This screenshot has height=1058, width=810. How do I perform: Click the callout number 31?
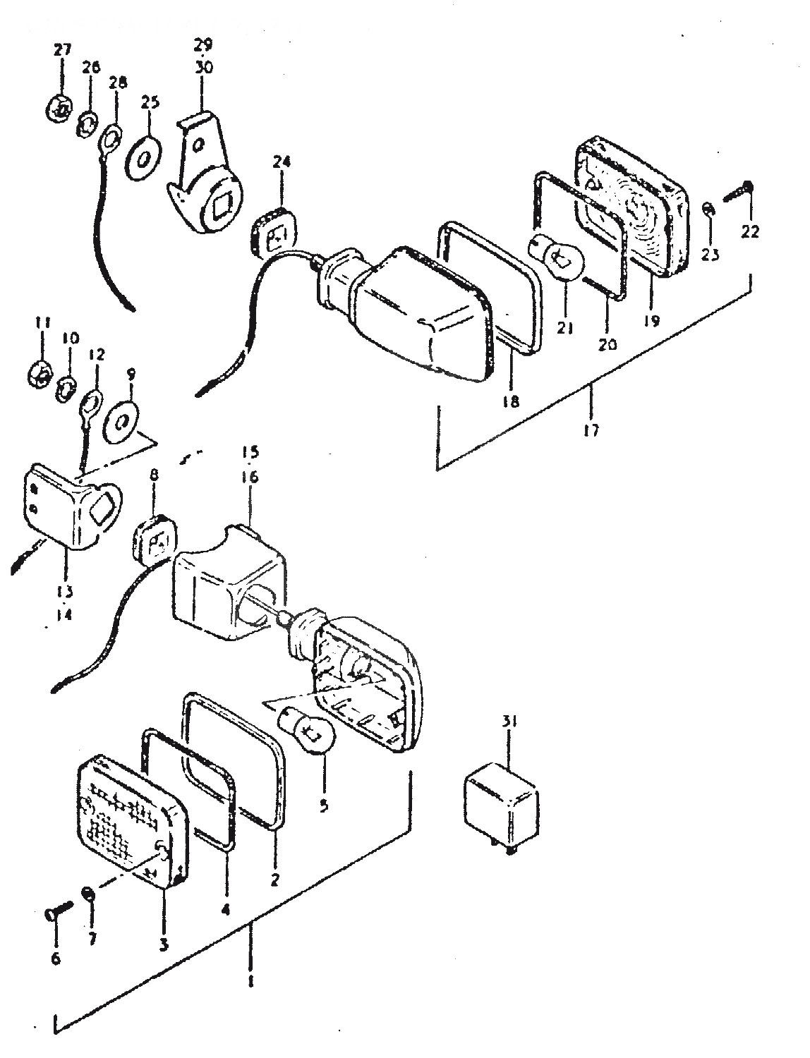[510, 735]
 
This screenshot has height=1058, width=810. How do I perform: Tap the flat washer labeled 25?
[144, 159]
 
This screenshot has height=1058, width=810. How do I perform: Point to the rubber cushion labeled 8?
[152, 540]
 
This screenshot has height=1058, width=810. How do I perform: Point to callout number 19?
[651, 320]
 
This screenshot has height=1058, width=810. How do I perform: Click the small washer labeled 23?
[708, 209]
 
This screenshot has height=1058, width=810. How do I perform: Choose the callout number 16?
[251, 477]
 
